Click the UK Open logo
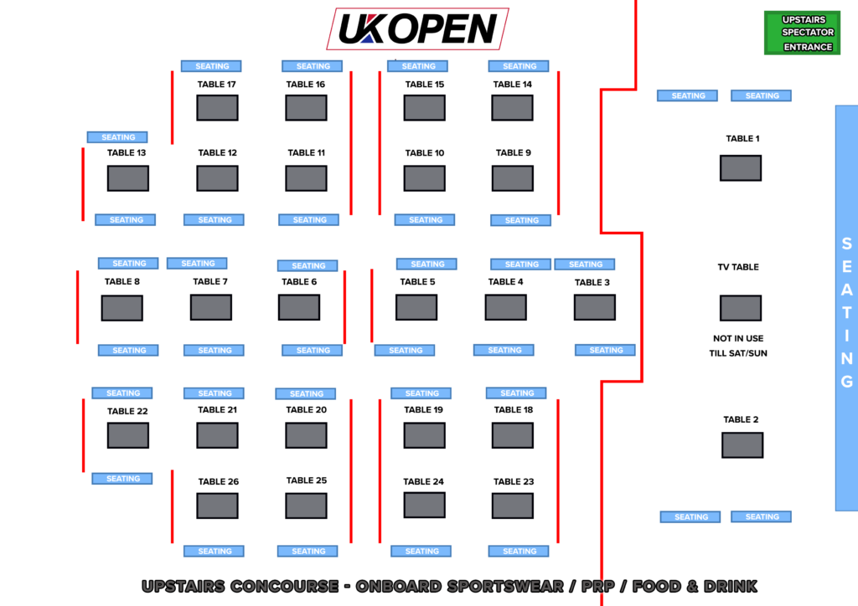[x=417, y=28]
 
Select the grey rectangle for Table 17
[x=217, y=108]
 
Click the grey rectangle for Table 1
[x=741, y=168]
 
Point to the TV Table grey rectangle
[x=741, y=308]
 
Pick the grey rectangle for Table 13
[x=128, y=178]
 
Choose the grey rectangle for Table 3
[x=595, y=307]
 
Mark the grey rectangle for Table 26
[x=217, y=506]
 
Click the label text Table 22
[x=127, y=411]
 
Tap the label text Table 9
[x=514, y=152]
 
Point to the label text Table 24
[x=423, y=481]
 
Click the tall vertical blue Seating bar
[x=846, y=308]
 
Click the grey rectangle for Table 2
[x=742, y=445]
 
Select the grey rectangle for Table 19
[x=424, y=435]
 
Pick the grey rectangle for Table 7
[x=211, y=307]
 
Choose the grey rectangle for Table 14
[x=512, y=108]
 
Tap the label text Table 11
[x=307, y=152]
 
